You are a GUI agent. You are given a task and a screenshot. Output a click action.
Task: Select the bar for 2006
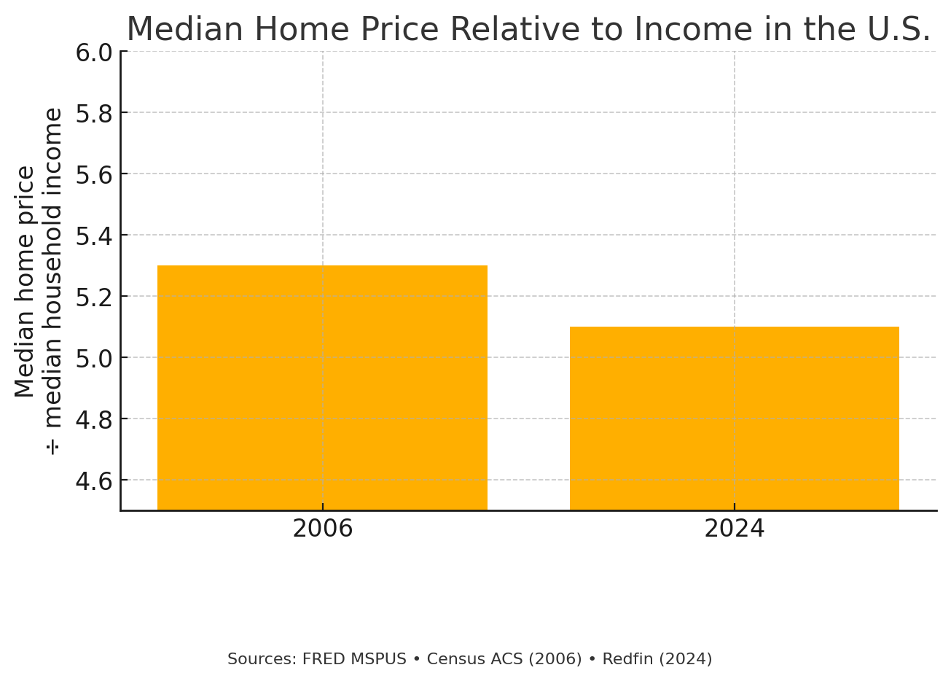(x=322, y=387)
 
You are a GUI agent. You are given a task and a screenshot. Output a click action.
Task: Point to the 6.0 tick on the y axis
(x=94, y=52)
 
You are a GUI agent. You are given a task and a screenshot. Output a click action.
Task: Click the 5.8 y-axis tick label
(x=94, y=113)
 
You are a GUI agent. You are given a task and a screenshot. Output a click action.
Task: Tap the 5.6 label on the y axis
(x=94, y=174)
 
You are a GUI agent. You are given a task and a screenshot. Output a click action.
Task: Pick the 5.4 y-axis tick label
(x=94, y=236)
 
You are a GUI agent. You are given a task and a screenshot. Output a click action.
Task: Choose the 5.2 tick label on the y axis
(x=94, y=297)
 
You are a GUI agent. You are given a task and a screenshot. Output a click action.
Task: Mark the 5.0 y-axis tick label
(x=94, y=358)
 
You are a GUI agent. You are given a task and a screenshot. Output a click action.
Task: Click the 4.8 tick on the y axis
(x=94, y=419)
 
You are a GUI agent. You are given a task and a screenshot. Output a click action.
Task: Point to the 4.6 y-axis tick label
(x=94, y=480)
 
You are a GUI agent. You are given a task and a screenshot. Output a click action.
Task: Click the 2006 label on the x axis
(x=322, y=529)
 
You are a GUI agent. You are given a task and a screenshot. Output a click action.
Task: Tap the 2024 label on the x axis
(x=734, y=529)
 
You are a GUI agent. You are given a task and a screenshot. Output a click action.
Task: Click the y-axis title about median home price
(x=39, y=281)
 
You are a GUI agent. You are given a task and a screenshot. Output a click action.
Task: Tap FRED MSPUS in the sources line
(x=354, y=659)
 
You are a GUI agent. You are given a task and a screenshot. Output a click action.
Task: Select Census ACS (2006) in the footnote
(x=504, y=659)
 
